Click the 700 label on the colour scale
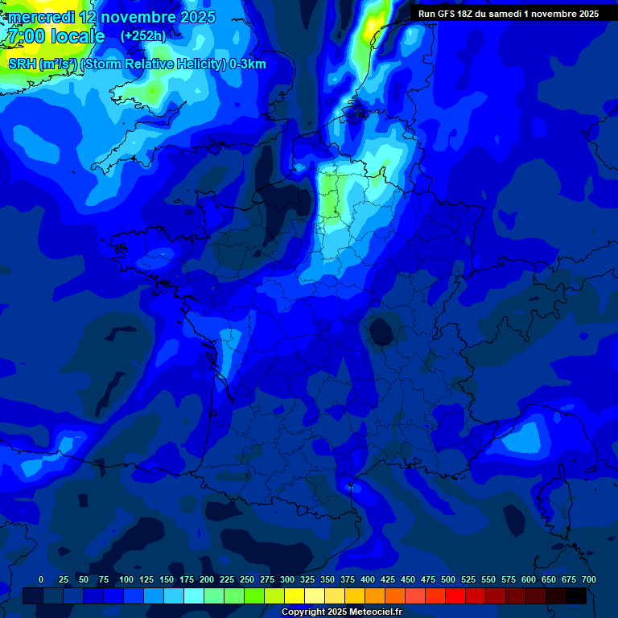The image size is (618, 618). [x=588, y=579]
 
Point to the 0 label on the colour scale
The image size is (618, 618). [x=41, y=579]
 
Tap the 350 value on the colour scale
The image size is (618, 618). [x=327, y=579]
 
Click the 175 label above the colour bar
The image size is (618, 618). [x=186, y=579]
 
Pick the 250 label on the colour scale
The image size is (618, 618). [x=246, y=579]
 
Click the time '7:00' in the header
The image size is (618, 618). [x=24, y=37]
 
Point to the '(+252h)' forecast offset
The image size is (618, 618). [x=142, y=36]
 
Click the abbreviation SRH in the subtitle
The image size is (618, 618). [x=22, y=64]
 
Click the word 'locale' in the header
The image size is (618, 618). [x=78, y=37]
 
